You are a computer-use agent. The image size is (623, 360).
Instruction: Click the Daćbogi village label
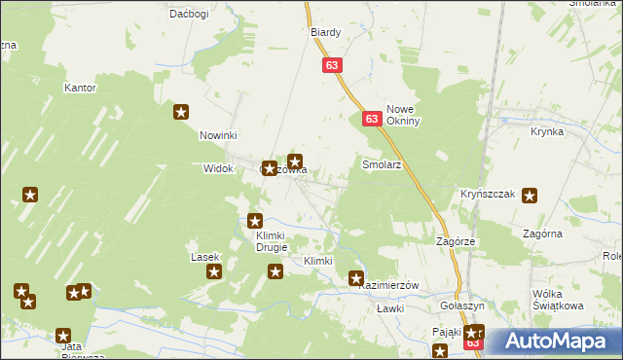189,14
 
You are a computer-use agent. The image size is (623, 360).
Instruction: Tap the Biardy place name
325,32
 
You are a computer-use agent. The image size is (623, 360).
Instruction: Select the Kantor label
80,88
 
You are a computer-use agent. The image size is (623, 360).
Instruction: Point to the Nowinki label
219,135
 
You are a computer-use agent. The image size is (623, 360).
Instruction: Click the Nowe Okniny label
403,116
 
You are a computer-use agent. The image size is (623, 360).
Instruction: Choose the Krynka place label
548,130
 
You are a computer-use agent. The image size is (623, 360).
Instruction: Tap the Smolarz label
382,165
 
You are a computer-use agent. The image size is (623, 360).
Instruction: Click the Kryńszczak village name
488,195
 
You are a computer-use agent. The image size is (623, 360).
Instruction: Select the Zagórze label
455,240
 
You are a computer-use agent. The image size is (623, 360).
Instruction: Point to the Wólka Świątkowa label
558,299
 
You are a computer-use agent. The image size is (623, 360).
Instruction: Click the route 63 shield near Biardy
333,65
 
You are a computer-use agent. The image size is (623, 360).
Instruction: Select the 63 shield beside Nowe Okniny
372,119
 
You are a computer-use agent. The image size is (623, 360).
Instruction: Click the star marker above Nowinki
181,112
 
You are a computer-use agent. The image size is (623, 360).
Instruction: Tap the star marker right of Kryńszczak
530,196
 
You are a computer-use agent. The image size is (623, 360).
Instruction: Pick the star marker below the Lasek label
214,272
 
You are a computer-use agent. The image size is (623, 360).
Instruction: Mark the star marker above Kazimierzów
356,278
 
